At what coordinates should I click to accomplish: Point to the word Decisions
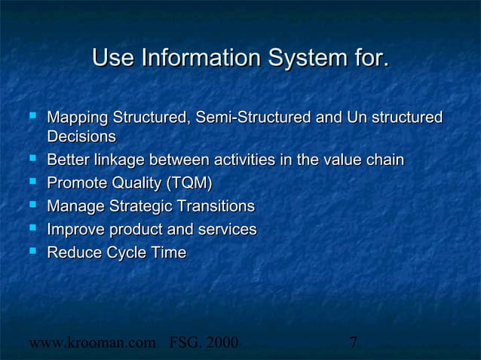coord(81,137)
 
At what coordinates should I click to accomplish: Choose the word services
coord(227,230)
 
